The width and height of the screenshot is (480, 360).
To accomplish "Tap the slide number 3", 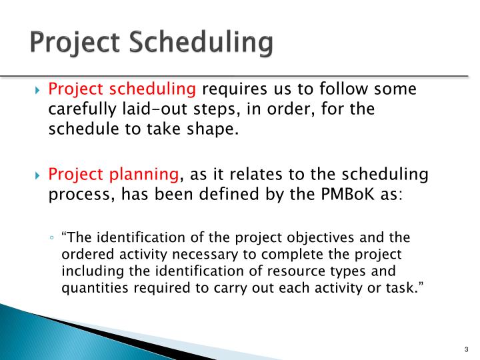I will (464, 350).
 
